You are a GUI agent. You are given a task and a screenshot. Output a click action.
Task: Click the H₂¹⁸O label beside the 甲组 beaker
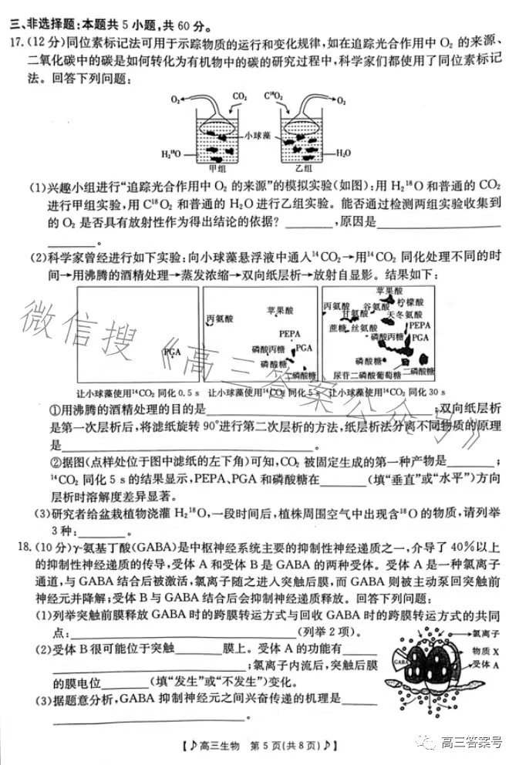click(x=172, y=154)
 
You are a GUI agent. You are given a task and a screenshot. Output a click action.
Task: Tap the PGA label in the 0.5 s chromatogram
click(x=172, y=352)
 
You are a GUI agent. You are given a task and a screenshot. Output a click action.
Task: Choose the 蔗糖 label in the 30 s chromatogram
click(x=337, y=328)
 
